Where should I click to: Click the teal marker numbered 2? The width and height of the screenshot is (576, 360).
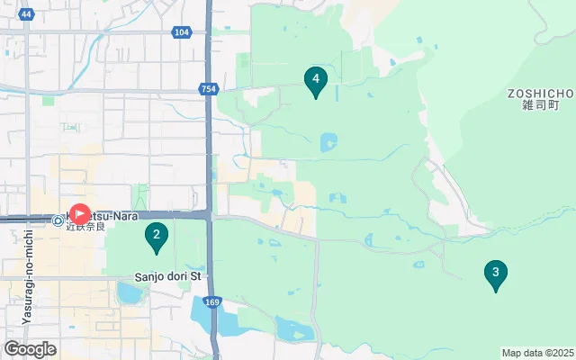(157, 237)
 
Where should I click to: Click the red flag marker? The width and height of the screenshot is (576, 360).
(79, 214)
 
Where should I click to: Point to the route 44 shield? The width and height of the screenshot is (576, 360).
(25, 14)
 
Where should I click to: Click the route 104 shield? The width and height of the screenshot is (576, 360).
(182, 32)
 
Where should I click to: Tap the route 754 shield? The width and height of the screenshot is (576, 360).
(209, 88)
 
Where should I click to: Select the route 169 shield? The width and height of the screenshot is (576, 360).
(211, 302)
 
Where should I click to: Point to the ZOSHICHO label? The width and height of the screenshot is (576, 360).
(540, 93)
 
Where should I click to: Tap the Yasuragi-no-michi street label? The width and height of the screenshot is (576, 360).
(28, 276)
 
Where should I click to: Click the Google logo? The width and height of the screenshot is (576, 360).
(30, 349)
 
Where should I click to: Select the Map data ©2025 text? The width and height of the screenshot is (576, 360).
(536, 353)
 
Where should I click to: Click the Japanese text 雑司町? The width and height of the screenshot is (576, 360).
(540, 105)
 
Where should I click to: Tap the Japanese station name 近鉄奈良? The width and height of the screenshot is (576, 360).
(85, 226)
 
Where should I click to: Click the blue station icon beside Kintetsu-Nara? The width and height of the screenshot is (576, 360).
(58, 219)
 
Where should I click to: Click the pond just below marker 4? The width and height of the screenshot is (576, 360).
(328, 142)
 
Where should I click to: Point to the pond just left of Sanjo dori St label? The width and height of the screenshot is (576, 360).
(130, 292)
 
